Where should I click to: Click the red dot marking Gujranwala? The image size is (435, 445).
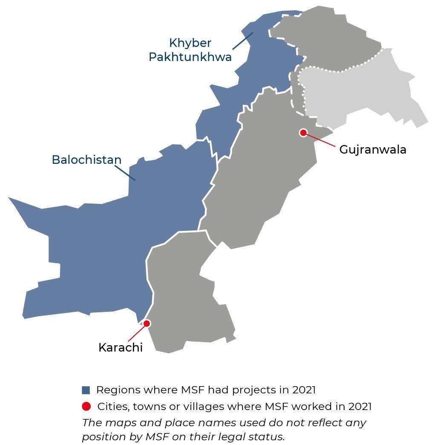point(303,133)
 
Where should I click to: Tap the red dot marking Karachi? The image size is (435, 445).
point(147,323)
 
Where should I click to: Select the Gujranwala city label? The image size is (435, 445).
point(373,150)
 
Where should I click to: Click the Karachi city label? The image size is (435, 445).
point(120,348)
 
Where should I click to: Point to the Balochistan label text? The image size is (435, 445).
point(86,160)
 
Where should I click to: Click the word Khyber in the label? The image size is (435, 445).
point(190,44)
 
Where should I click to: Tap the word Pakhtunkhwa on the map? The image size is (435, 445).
point(190,57)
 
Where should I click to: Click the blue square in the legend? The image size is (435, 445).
point(86,390)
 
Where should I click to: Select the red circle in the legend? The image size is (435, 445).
point(86,406)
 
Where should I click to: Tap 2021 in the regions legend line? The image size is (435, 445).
point(304,390)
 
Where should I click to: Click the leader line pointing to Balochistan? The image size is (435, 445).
point(125,173)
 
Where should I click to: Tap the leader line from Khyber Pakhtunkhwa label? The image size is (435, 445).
point(242,41)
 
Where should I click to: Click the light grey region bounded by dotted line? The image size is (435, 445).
point(358,92)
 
